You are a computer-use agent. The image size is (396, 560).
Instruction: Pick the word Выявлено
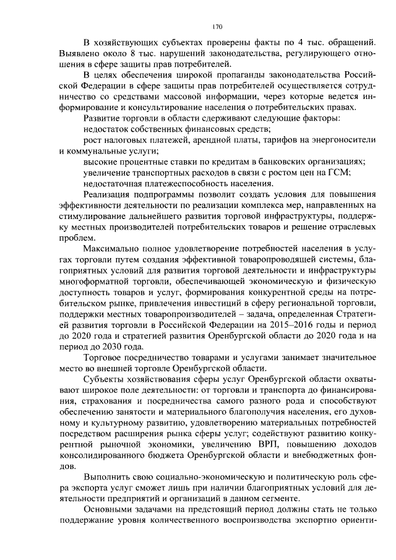[x=79, y=53]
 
